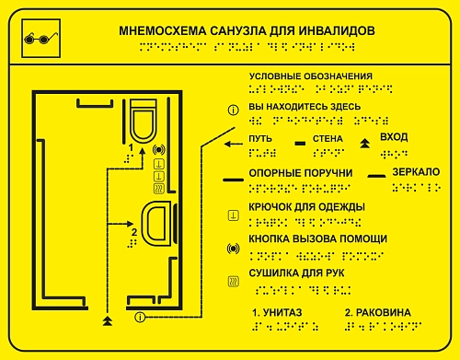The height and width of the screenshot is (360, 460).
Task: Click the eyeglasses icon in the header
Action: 35,38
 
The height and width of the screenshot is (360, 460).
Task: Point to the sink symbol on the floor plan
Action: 155,225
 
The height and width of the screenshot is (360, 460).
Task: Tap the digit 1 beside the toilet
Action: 131,147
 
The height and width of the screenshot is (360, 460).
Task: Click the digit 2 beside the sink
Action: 134,232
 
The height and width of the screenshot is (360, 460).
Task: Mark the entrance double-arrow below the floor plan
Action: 109,320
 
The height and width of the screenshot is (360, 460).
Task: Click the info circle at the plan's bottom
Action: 139,318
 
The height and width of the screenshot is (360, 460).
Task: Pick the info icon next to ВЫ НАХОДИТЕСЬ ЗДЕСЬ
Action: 233,110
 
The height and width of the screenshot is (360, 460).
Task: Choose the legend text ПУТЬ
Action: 261,139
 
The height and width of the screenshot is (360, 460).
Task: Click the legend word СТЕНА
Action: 328,139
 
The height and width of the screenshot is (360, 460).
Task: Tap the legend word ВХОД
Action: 394,137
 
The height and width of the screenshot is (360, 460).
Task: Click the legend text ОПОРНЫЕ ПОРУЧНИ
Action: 289,173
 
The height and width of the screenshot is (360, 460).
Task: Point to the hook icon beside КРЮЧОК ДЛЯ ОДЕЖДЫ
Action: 233,215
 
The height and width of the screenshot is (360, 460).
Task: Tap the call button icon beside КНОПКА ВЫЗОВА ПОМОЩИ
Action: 233,249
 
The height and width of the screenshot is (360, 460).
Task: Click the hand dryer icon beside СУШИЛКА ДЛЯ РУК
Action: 233,281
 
